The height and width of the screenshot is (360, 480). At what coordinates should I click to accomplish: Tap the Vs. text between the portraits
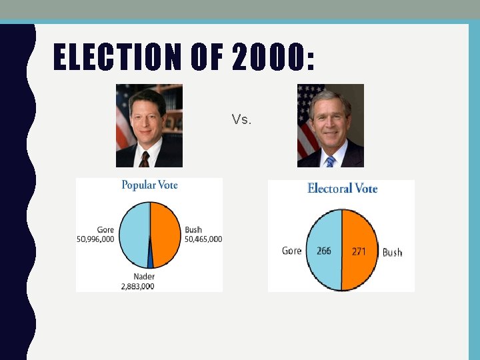[x=241, y=120]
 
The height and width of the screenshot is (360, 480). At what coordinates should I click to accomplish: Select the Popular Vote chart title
[x=149, y=185]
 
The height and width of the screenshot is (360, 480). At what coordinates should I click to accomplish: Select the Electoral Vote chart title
[x=342, y=189]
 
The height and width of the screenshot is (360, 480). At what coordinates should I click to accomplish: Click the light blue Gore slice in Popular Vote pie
[x=133, y=233]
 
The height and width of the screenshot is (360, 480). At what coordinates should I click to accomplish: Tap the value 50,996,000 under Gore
[x=95, y=239]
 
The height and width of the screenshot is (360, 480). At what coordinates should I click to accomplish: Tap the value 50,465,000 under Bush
[x=203, y=239]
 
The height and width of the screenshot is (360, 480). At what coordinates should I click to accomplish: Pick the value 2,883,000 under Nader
[x=137, y=286]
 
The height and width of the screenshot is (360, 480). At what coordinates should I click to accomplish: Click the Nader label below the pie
[x=143, y=277]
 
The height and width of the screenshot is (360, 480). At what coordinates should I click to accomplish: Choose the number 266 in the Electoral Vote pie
[x=324, y=251]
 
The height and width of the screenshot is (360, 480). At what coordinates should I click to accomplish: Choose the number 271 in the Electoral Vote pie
[x=359, y=251]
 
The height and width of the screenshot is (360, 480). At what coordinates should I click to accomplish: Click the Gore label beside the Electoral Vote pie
[x=291, y=251]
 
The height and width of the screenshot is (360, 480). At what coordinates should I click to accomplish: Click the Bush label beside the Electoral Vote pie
[x=392, y=253]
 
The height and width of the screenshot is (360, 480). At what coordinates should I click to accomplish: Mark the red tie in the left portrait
[x=144, y=159]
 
